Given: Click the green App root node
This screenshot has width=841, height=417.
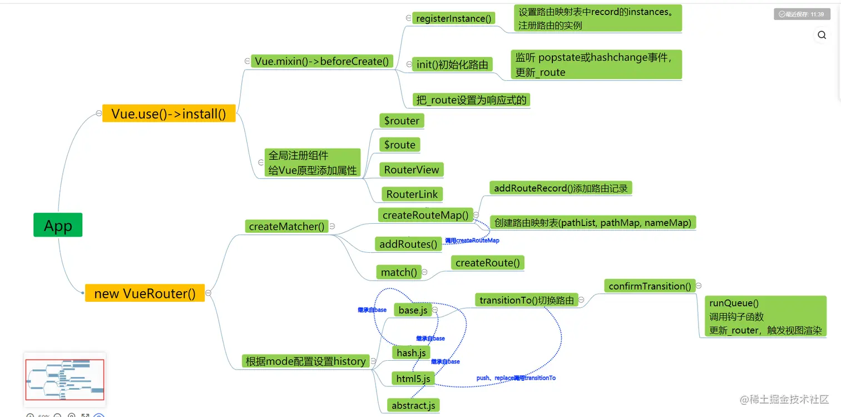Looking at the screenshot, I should [x=58, y=225].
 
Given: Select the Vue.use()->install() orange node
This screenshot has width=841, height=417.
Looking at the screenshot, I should [x=169, y=114].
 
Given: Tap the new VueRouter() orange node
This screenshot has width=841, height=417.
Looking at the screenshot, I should [x=145, y=293].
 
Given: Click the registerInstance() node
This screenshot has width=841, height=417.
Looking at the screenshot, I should [x=454, y=18].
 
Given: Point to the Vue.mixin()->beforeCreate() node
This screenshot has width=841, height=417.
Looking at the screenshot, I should [x=321, y=61].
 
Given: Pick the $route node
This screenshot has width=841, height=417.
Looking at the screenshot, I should [x=399, y=145].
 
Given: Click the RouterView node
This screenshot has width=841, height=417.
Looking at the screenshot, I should [x=412, y=170].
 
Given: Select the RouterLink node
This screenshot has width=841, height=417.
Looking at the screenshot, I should [x=412, y=194].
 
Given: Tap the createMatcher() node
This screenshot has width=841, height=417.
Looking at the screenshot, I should [x=286, y=226].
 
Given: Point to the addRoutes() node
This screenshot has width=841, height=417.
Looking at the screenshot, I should [x=408, y=244].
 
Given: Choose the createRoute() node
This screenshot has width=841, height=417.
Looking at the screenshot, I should [x=487, y=263].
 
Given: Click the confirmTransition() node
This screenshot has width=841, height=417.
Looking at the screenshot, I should [x=650, y=286].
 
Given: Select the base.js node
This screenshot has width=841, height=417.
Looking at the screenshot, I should [x=413, y=310].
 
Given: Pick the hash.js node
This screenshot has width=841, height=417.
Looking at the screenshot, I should [x=411, y=353].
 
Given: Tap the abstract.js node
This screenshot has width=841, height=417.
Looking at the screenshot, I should [x=413, y=405].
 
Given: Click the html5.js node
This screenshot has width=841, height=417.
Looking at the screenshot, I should [x=412, y=379].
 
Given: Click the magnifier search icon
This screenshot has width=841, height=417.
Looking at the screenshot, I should [x=822, y=35].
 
